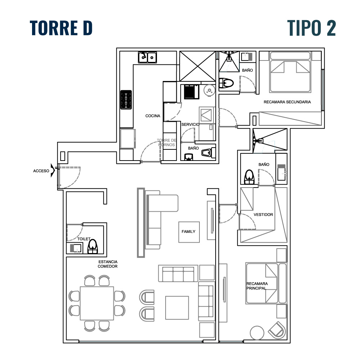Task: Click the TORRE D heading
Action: tap(61, 28)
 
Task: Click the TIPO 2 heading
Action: tap(311, 28)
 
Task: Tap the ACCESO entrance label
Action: tap(41, 171)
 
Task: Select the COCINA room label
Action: tap(153, 116)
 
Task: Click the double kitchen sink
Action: tap(147, 57)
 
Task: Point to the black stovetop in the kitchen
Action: tap(126, 100)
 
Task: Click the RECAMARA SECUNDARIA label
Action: tap(287, 102)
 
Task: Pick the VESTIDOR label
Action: tap(264, 215)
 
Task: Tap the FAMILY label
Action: tap(189, 231)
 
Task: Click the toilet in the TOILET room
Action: tap(93, 247)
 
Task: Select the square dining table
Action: tap(97, 303)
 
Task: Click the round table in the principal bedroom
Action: tap(257, 333)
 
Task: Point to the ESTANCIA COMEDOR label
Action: tap(108, 264)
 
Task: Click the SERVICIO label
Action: tap(190, 125)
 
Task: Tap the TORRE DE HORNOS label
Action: tap(167, 143)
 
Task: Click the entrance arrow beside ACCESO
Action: tap(53, 170)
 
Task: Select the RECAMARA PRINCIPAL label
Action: tap(257, 286)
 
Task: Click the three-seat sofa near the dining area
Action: tap(178, 274)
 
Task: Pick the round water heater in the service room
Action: tap(210, 90)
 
